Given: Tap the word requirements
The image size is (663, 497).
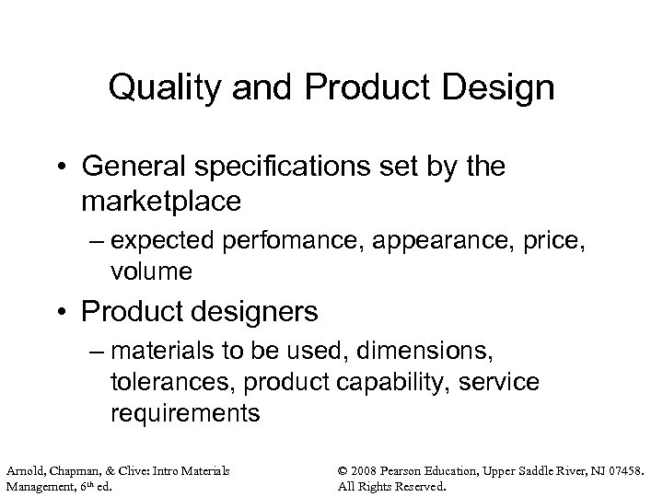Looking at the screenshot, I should (x=185, y=413).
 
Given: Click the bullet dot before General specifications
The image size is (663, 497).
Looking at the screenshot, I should (x=89, y=168).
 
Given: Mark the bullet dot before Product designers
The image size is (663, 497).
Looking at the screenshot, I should (x=89, y=313).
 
